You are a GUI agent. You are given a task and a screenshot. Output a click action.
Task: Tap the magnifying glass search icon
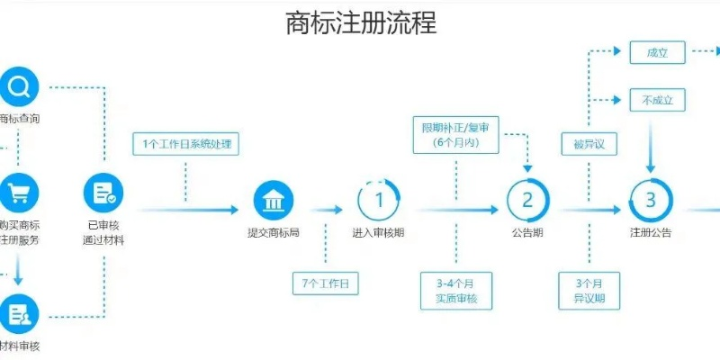[18, 87]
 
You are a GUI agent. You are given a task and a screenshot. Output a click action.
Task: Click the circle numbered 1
[378, 200]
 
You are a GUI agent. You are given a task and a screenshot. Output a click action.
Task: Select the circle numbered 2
[527, 200]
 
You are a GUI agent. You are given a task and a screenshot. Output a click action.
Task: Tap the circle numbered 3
[650, 200]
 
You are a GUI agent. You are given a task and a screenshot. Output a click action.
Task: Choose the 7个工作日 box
[325, 283]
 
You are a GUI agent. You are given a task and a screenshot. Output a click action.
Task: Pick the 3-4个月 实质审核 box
[456, 290]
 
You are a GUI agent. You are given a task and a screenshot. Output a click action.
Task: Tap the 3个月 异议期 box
[589, 290]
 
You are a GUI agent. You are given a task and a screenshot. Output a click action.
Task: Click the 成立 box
[657, 53]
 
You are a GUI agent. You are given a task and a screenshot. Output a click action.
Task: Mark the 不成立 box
[657, 100]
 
